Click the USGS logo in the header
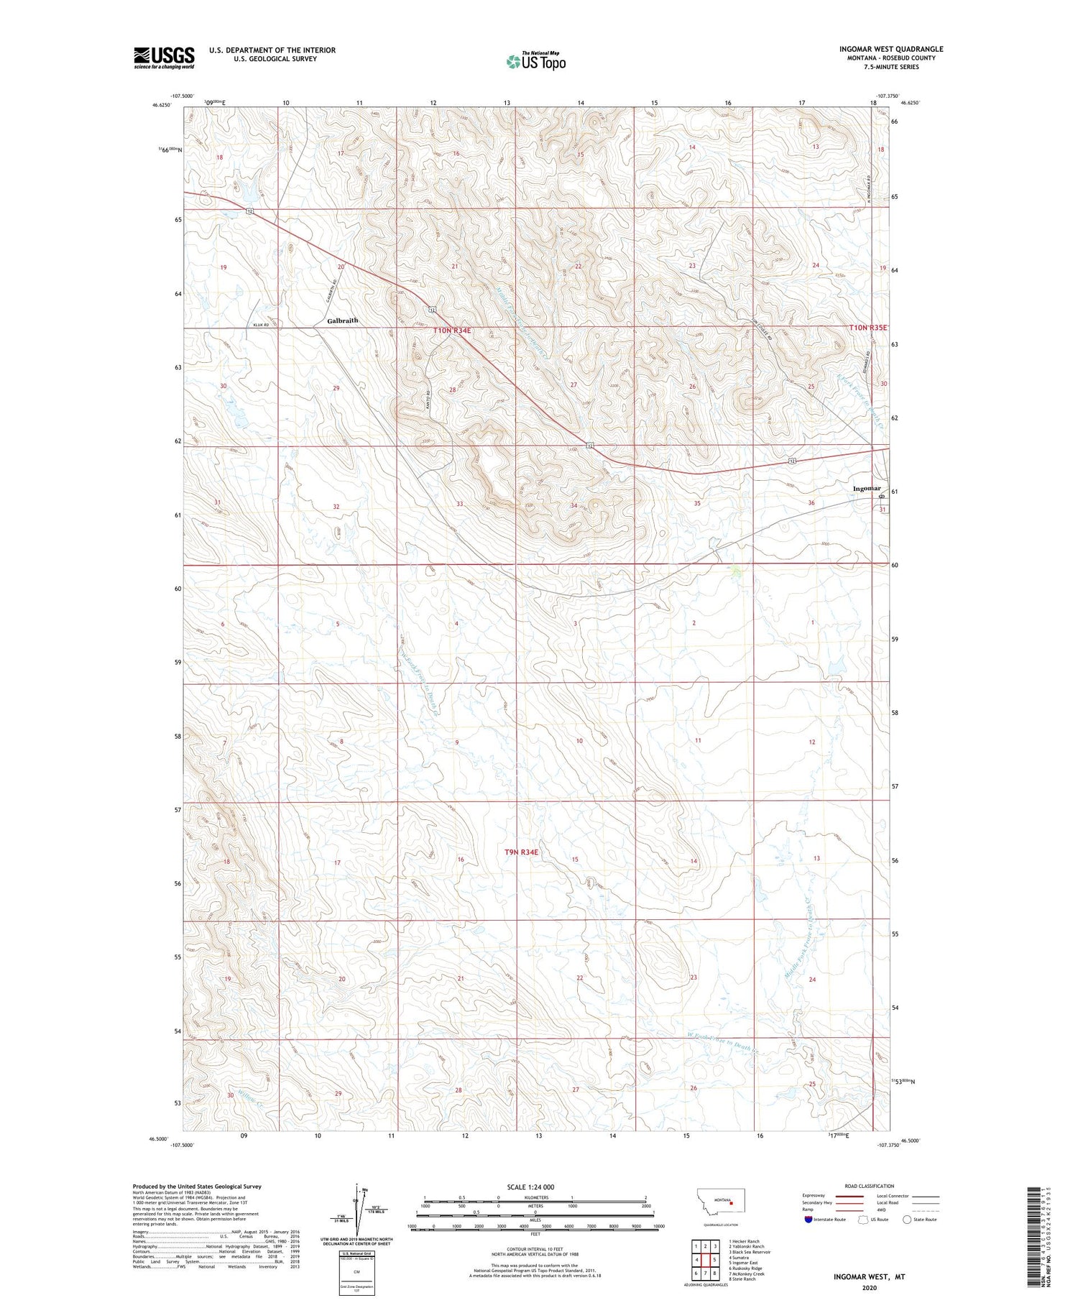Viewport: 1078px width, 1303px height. tap(163, 57)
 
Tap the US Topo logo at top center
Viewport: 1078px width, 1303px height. tap(535, 62)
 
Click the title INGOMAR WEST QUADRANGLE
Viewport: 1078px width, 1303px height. tap(890, 49)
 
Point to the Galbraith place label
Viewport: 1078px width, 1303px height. tap(342, 321)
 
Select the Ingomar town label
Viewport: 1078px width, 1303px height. tap(866, 489)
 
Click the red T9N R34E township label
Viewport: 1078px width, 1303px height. tap(520, 852)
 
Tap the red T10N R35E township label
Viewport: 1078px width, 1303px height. tap(867, 328)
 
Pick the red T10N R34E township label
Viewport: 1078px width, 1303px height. tap(451, 330)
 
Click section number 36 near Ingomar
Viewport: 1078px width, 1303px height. tap(811, 503)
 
